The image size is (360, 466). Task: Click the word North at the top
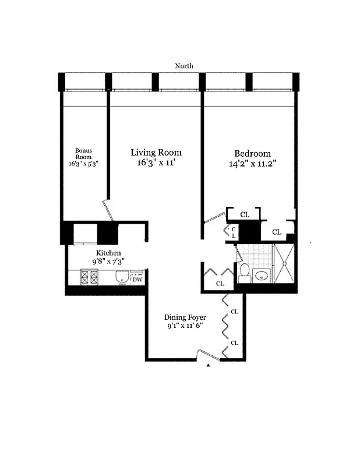click(184, 66)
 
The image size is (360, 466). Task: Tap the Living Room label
click(156, 153)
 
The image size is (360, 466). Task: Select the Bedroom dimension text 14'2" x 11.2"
click(252, 164)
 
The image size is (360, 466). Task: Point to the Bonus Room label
click(83, 154)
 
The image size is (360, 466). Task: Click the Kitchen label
click(108, 253)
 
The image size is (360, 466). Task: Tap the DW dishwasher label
click(137, 280)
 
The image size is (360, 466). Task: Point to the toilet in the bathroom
click(244, 273)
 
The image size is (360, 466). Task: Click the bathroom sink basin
click(262, 276)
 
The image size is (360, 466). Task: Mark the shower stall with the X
click(284, 264)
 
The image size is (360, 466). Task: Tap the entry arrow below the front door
click(208, 365)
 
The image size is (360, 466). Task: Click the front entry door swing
click(205, 354)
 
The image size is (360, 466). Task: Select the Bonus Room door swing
click(108, 210)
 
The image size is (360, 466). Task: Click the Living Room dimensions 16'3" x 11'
click(156, 164)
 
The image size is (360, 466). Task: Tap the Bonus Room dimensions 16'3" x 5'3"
click(83, 164)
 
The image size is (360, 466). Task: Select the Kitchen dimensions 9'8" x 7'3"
click(108, 262)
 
